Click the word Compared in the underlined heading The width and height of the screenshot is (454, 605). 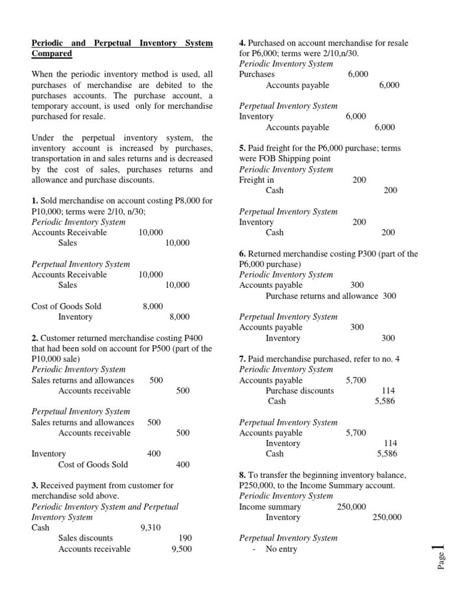click(52, 54)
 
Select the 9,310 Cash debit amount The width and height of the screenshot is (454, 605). click(150, 528)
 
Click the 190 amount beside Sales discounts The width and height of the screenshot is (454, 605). click(185, 538)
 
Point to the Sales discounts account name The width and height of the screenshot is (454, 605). click(86, 538)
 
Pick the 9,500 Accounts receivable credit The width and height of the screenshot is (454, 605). click(181, 549)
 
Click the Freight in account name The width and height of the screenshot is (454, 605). click(257, 180)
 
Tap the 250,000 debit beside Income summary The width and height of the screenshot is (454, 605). click(352, 507)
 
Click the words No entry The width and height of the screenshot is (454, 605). click(281, 549)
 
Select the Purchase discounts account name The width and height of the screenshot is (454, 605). click(300, 391)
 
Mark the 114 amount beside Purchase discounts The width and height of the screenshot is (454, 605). click(389, 391)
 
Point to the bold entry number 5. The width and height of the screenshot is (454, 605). click(242, 148)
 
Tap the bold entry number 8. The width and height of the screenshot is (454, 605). click(242, 475)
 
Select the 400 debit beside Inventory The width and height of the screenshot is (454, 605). click(154, 454)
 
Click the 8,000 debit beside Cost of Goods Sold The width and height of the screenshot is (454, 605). click(153, 306)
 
